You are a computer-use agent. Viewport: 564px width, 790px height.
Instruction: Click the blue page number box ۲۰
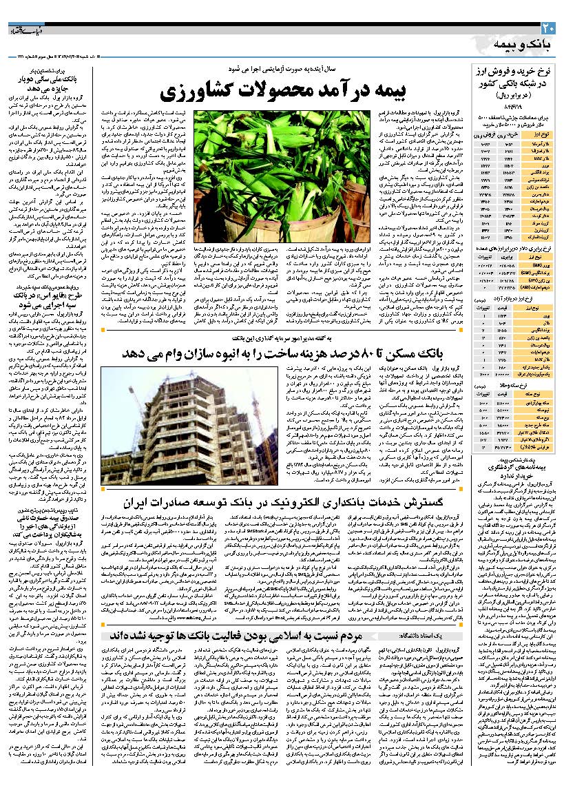point(548,28)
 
